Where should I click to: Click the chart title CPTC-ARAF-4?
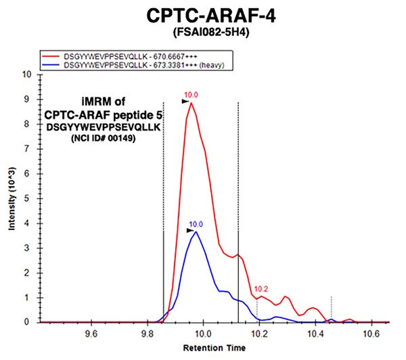(x=203, y=15)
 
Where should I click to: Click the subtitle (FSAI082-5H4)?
(x=203, y=32)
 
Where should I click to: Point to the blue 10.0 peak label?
(x=196, y=224)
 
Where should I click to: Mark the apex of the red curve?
(x=191, y=102)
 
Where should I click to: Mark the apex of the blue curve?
(x=196, y=231)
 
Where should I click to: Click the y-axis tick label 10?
(x=28, y=74)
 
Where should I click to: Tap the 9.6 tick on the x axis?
(x=91, y=333)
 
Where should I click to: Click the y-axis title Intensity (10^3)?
(x=12, y=198)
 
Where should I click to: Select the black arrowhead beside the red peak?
(x=184, y=102)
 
